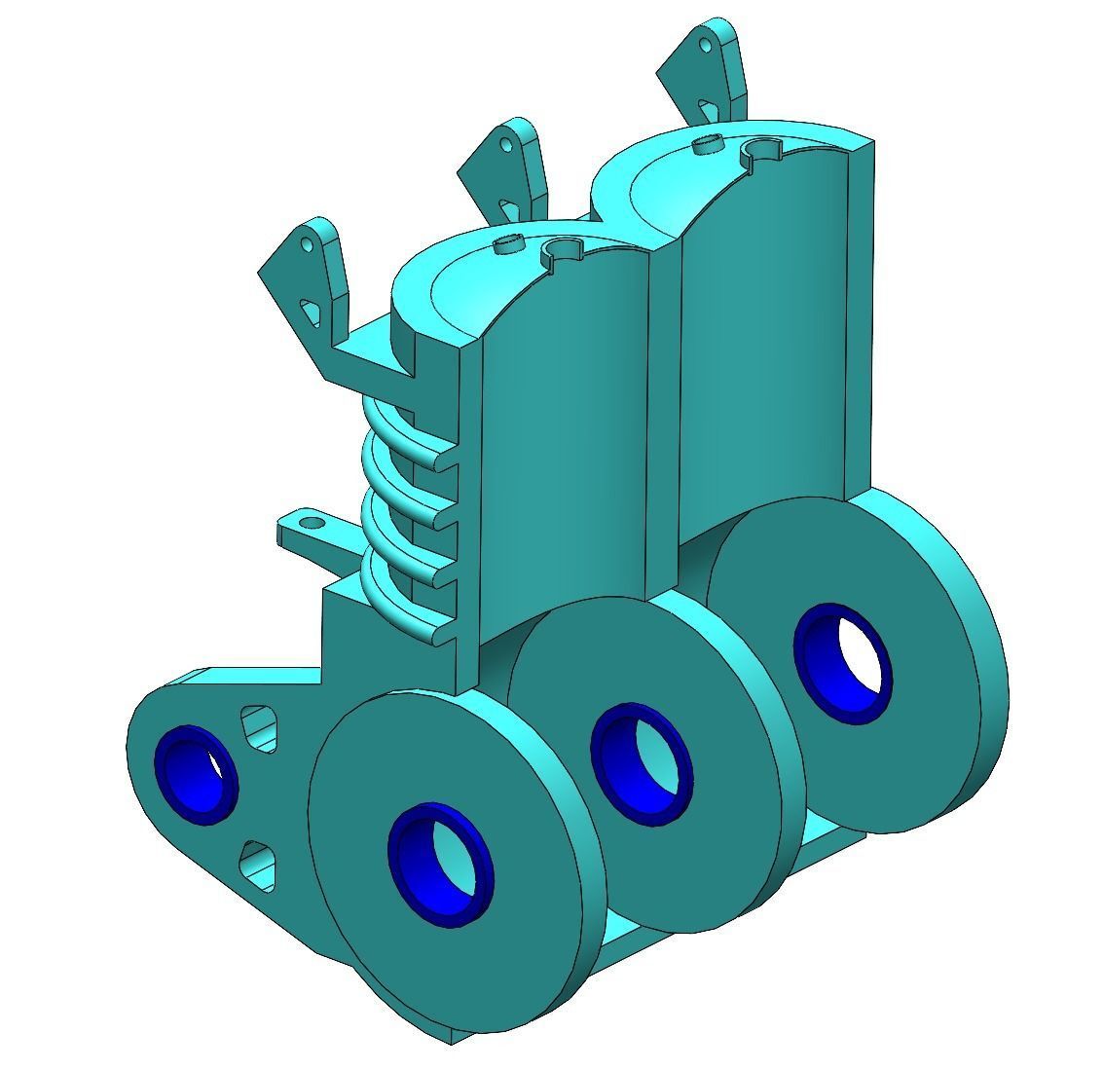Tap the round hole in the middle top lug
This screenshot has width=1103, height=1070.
tap(505, 146)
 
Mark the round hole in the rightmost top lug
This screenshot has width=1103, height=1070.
tap(704, 44)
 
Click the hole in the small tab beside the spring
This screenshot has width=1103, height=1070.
tap(312, 524)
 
